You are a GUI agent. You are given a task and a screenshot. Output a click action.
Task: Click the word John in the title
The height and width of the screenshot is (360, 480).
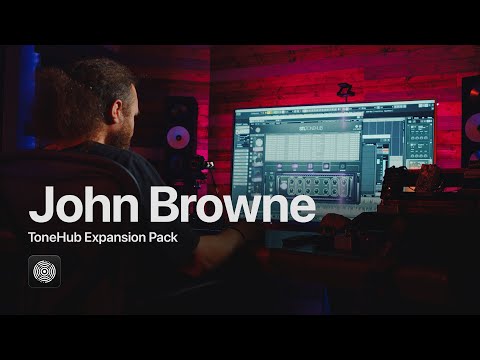[x=80, y=207]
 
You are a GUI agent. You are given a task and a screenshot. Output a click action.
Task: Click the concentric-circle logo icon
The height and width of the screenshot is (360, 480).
[x=45, y=272]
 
